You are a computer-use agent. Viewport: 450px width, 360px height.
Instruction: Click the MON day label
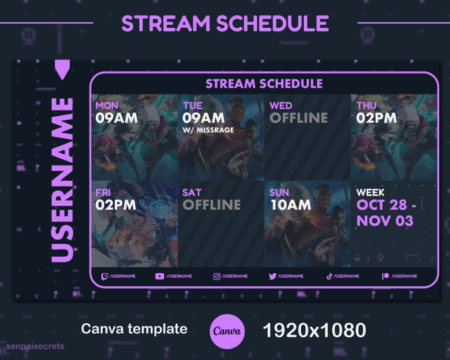(x=107, y=105)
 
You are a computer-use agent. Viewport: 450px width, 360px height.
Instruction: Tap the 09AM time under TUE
(x=203, y=118)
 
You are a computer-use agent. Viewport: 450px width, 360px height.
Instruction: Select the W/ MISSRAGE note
(x=208, y=130)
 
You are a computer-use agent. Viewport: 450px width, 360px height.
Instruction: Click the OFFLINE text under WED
(x=299, y=118)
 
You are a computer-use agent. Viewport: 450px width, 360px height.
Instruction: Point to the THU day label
(x=367, y=105)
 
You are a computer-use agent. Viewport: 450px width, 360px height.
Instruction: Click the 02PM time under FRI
(x=116, y=205)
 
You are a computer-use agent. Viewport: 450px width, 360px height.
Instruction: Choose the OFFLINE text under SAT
(x=211, y=205)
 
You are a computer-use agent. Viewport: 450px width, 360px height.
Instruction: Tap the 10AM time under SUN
(x=291, y=205)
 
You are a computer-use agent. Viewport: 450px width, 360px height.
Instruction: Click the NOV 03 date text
(x=385, y=221)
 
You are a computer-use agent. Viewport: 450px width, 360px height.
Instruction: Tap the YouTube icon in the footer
(x=159, y=276)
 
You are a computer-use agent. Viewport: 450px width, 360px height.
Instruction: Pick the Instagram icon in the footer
(x=216, y=276)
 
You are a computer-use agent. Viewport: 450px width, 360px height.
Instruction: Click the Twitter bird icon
(x=272, y=276)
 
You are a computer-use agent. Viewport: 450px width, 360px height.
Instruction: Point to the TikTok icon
(x=329, y=276)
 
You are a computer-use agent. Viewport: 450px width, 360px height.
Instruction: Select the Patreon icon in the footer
(x=385, y=276)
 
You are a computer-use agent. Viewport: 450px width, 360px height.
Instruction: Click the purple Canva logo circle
(x=227, y=330)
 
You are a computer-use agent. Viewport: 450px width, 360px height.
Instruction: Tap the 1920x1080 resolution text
(x=314, y=329)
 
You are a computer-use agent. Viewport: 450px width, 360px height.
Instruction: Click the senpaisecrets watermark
(x=35, y=346)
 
